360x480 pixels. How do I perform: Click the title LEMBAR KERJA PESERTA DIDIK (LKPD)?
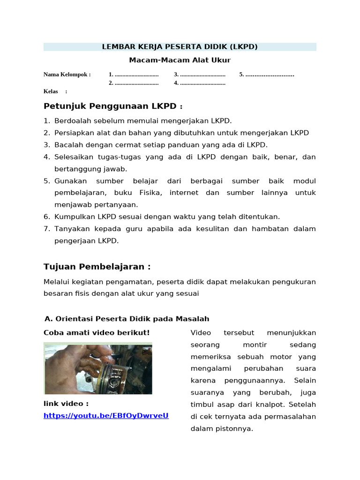180,47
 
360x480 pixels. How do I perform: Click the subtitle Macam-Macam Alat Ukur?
180,60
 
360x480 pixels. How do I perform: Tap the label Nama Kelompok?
67,75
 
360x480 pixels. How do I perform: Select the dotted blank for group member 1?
136,75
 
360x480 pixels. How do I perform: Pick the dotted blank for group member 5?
270,75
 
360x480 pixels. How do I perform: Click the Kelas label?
51,91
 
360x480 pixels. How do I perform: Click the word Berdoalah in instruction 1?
72,121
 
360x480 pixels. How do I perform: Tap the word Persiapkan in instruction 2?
73,133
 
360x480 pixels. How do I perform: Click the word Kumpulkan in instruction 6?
74,217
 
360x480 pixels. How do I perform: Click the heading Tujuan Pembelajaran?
97,267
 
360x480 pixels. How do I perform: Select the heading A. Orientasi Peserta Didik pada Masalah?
127,319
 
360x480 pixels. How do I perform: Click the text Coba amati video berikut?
97,333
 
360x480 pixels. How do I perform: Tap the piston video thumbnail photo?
98,368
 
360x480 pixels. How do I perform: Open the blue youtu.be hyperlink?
106,416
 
